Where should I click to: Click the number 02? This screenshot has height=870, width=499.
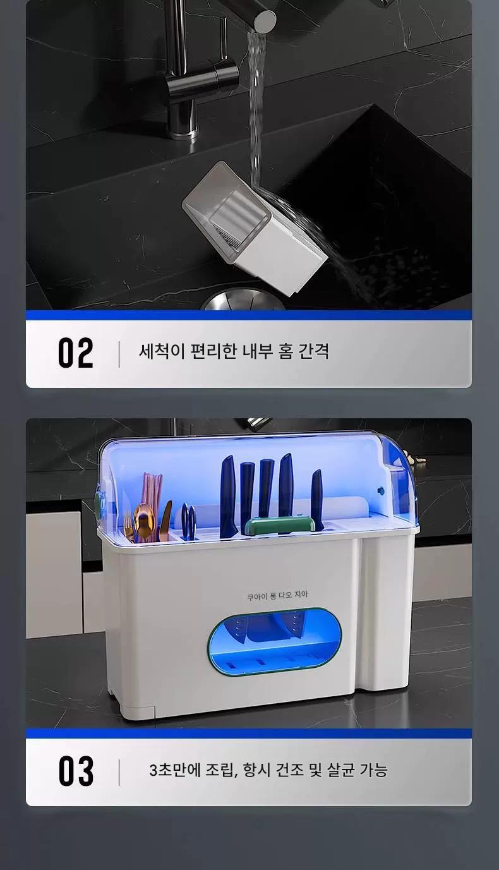click(76, 353)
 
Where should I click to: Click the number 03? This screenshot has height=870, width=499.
click(76, 771)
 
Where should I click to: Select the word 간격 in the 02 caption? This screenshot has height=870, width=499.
click(314, 351)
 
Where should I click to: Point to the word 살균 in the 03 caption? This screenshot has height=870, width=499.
click(340, 770)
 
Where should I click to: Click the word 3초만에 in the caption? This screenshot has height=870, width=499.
click(174, 770)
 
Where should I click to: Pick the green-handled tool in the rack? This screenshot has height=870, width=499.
click(279, 525)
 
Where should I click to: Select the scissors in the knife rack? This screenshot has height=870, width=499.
click(188, 521)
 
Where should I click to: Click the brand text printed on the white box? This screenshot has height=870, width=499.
click(277, 595)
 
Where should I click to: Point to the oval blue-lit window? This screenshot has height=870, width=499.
click(275, 642)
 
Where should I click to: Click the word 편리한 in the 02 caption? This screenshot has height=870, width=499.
click(213, 351)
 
